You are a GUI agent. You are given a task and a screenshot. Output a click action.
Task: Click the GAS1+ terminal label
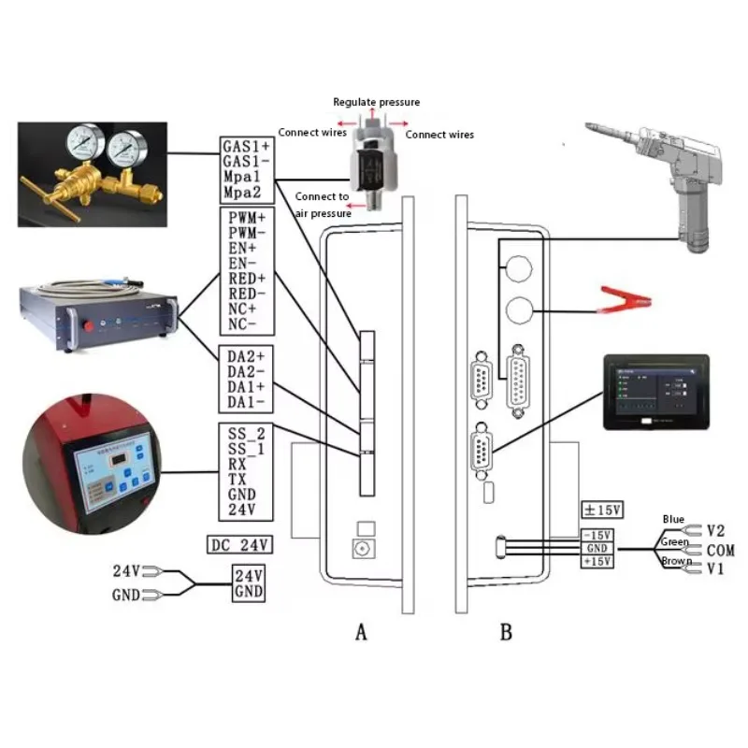pyautogui.click(x=246, y=147)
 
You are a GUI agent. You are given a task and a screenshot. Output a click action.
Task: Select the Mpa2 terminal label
pyautogui.click(x=241, y=193)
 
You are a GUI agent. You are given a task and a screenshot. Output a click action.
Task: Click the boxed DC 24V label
pyautogui.click(x=238, y=544)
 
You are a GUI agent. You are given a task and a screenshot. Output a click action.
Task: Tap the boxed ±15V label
pyautogui.click(x=602, y=510)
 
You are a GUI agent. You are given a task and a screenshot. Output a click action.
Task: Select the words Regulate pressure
pyautogui.click(x=377, y=102)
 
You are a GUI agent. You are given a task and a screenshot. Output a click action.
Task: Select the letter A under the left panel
pyautogui.click(x=362, y=633)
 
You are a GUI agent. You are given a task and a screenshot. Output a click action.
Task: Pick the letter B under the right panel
pyautogui.click(x=506, y=633)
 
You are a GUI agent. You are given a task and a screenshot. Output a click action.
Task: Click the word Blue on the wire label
pyautogui.click(x=673, y=519)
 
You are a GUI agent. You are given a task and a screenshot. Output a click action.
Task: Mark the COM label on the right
pyautogui.click(x=721, y=550)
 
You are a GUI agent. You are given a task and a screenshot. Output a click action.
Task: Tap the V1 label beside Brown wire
pyautogui.click(x=716, y=568)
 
